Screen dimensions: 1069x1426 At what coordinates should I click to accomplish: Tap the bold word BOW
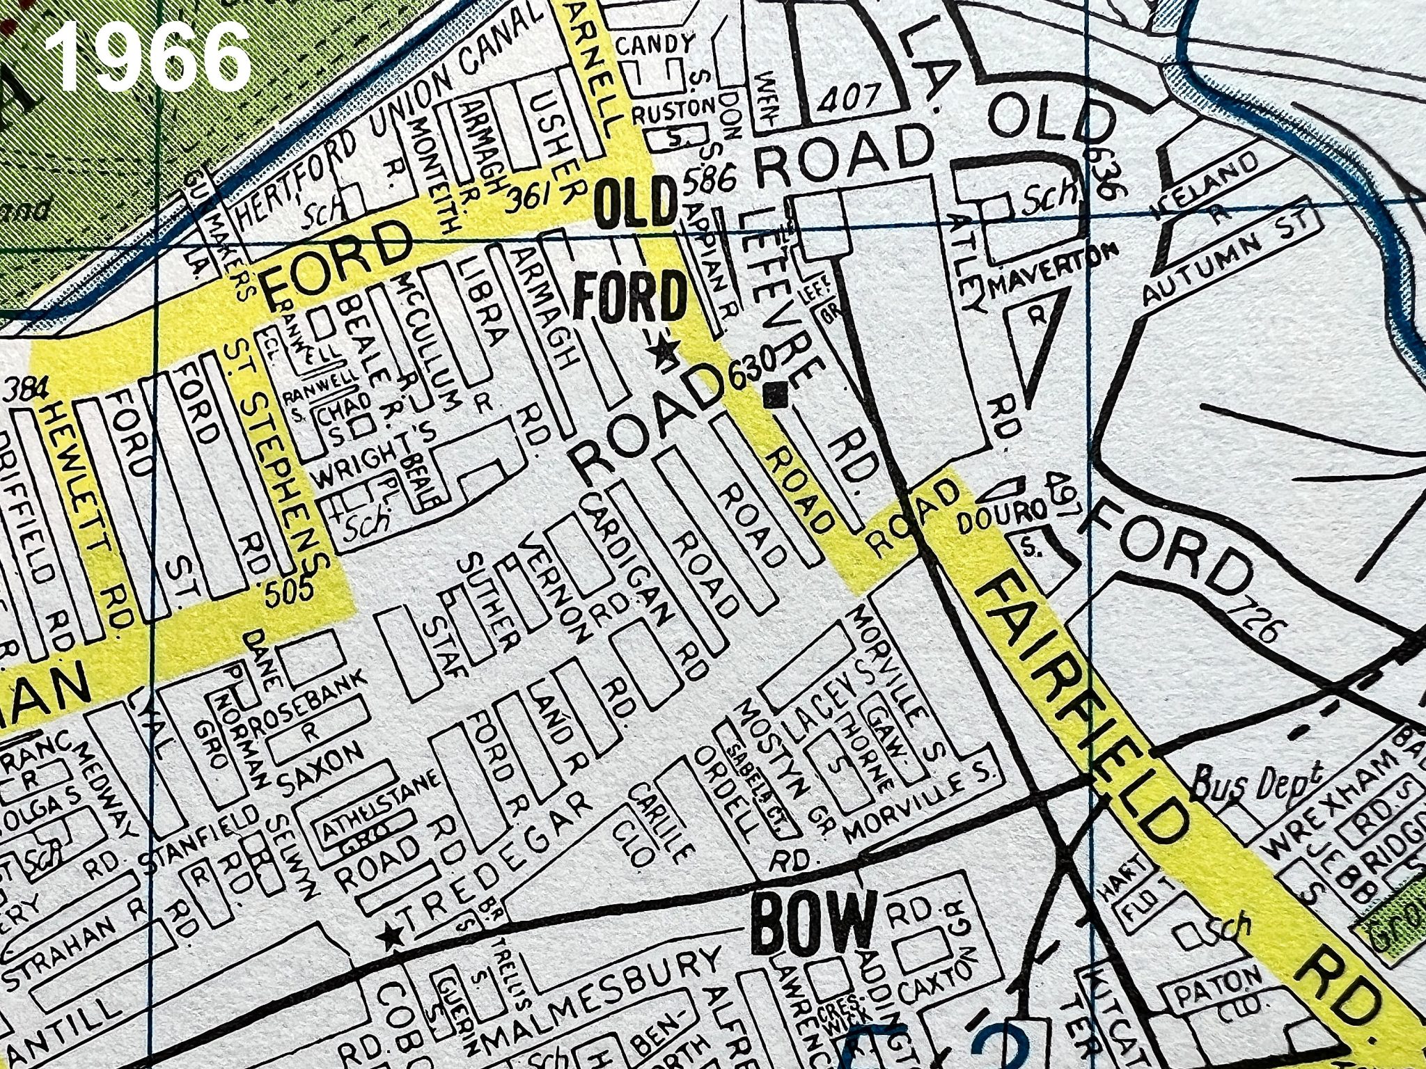[815, 926]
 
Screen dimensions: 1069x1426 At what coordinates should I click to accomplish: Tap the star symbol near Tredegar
[391, 937]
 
